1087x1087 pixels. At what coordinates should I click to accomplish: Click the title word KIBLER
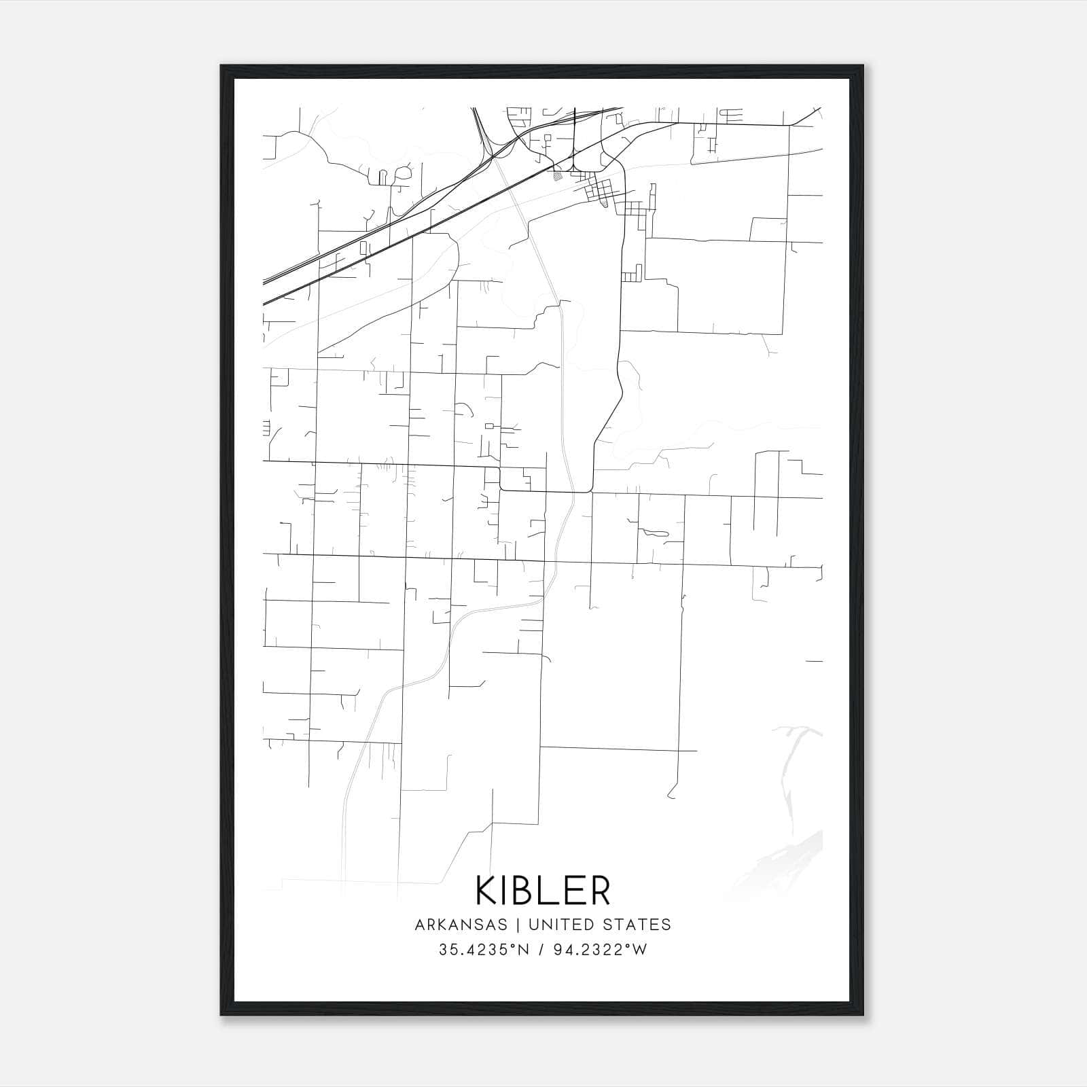point(543,891)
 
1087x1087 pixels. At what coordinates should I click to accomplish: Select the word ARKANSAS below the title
point(459,925)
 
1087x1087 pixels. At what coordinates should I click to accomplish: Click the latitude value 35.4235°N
point(482,950)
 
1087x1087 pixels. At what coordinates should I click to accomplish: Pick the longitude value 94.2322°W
point(599,950)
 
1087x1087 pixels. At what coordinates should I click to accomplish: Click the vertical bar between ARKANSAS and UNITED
point(517,925)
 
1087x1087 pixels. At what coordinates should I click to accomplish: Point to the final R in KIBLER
point(599,891)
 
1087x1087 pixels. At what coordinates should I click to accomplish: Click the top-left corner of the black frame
point(222,67)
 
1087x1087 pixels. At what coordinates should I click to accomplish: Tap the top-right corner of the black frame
point(862,67)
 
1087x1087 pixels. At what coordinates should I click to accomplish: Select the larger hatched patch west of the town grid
point(558,176)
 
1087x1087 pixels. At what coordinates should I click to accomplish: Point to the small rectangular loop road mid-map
point(489,426)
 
